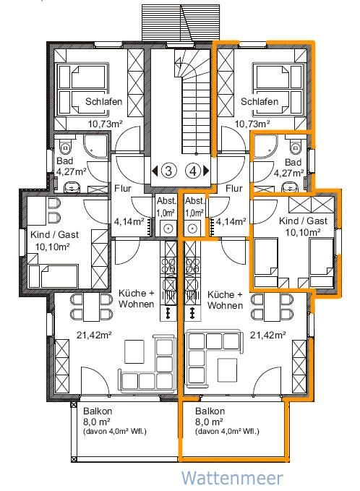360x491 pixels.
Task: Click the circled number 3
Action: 168,171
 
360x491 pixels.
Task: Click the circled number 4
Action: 193,171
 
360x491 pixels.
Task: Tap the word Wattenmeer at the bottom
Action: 232,478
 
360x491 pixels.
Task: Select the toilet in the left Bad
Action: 66,148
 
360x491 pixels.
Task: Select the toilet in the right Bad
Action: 295,147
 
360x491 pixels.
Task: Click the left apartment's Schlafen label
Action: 103,102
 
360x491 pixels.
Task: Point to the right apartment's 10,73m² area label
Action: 252,124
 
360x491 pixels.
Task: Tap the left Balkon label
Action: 98,411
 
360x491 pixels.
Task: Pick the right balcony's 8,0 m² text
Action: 209,422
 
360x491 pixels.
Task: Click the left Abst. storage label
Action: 166,201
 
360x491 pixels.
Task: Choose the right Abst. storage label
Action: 194,201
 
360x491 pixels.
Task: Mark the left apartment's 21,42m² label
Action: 94,335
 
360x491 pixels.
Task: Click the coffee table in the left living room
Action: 134,351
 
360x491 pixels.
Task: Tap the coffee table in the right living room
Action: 227,370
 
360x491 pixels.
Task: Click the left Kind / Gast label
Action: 54,234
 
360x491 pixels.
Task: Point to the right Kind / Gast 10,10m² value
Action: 303,232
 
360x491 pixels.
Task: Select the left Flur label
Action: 123,189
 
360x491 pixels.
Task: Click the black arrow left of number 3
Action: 155,171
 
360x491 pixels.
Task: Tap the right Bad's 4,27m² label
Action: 289,173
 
